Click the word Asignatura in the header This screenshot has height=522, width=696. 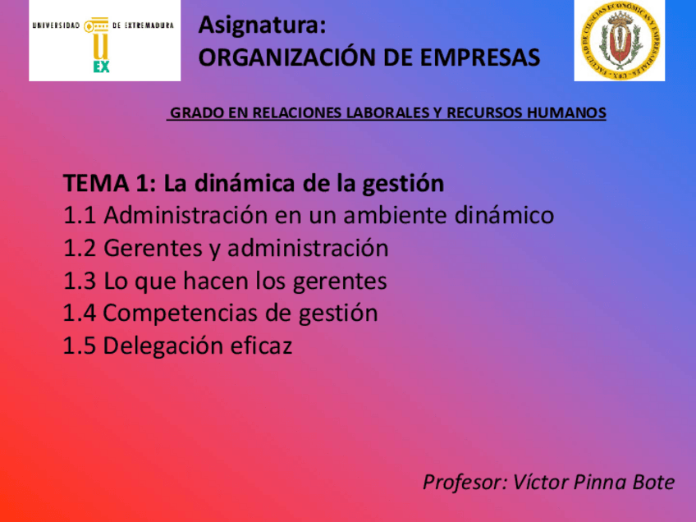262,26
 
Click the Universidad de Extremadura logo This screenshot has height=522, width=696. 104,40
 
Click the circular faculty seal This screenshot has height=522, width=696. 619,40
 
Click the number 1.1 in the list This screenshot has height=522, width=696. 80,216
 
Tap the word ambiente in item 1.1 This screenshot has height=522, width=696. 385,216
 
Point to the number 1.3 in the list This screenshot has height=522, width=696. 80,282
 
